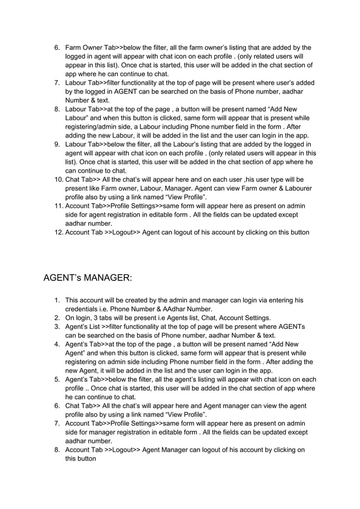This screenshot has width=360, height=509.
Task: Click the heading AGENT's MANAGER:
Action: tap(87, 278)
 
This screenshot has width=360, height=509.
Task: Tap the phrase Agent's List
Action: tap(84, 326)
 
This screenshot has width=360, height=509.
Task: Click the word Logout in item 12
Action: tap(123, 231)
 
